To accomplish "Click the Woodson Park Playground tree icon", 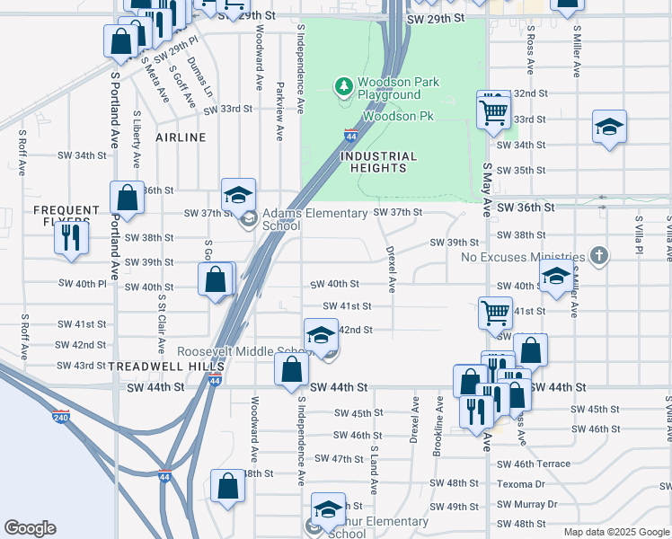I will point(342,87).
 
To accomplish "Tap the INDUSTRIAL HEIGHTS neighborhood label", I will point(379,162).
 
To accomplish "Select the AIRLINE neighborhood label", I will point(181,137).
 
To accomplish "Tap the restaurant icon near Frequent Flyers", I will point(69,238).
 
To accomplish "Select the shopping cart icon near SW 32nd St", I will point(493,111).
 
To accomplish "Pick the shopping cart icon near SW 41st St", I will point(495,313).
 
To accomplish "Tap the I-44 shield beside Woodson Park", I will point(351,137).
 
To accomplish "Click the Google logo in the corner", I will point(30,528).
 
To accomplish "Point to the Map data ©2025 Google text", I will point(617,532).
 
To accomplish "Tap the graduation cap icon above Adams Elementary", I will point(238,194).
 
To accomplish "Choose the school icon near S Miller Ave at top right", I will point(609,127).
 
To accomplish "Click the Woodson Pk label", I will point(398,117).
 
